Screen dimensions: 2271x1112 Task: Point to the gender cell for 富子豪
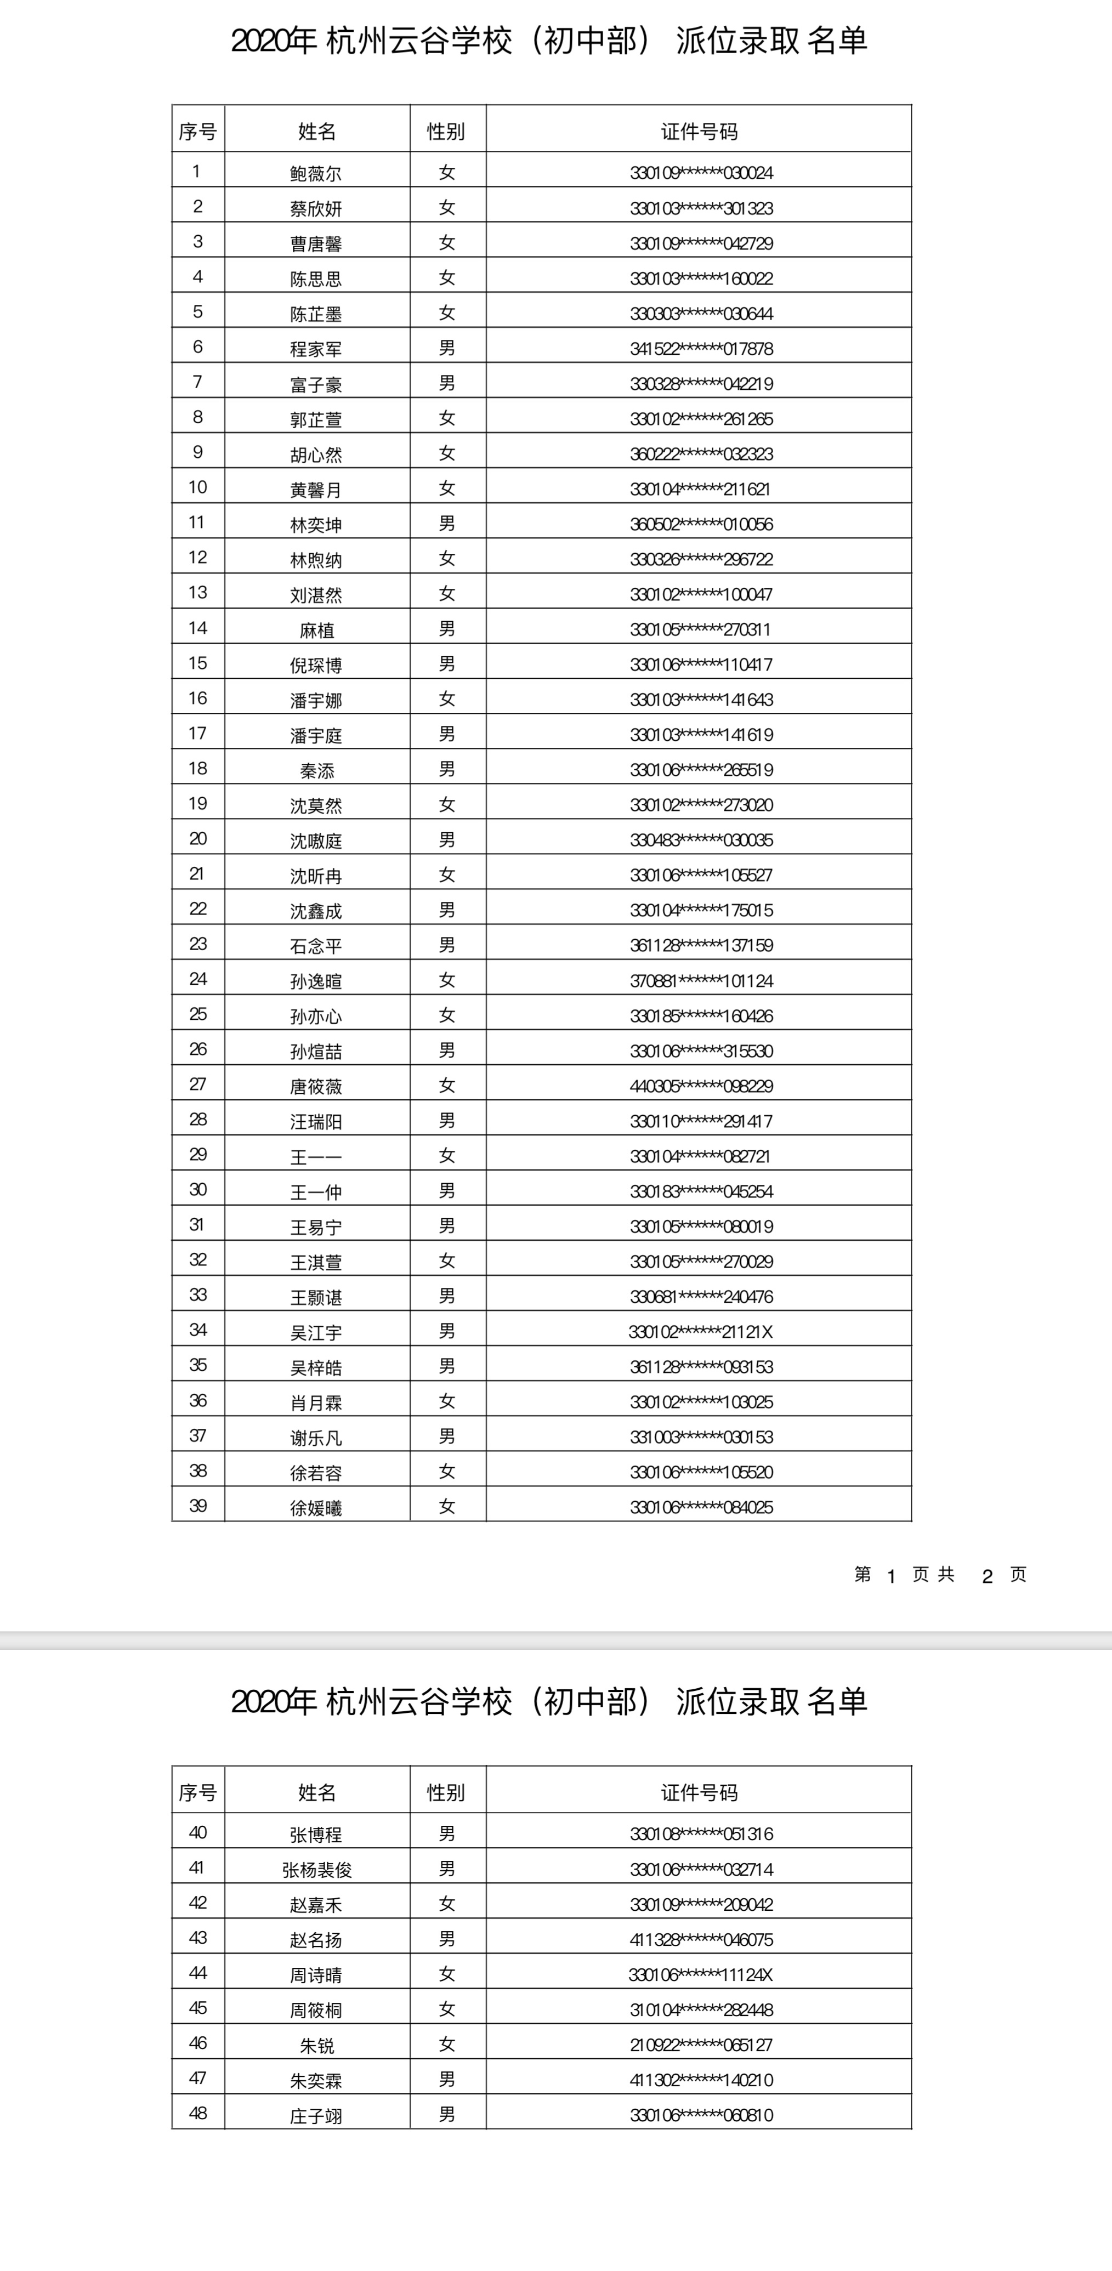tap(447, 383)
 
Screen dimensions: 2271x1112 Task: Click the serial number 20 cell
tap(197, 838)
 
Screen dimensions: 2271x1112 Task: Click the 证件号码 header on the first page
tap(699, 132)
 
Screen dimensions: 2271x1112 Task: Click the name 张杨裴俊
tap(316, 1870)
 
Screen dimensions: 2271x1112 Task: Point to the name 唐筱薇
tap(316, 1086)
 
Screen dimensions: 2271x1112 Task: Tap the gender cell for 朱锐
tap(447, 2043)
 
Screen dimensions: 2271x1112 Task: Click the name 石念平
tap(316, 946)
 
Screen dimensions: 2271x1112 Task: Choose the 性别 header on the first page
tap(446, 132)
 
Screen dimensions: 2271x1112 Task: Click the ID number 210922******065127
tap(701, 2045)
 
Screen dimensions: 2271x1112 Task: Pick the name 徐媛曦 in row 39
tap(316, 1508)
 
